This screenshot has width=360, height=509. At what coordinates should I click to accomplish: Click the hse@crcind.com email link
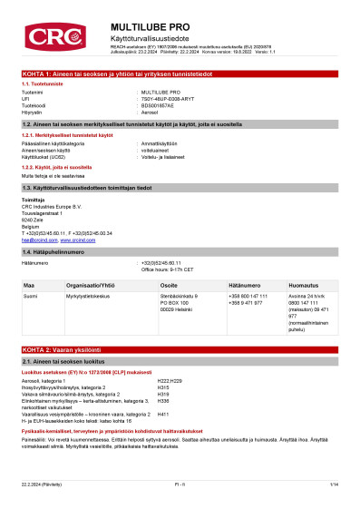pyautogui.click(x=36, y=240)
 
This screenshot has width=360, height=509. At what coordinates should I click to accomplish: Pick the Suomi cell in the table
pyautogui.click(x=30, y=296)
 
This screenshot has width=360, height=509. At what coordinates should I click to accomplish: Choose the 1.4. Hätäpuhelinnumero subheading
pyautogui.click(x=57, y=251)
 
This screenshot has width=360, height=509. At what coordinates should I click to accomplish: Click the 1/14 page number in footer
pyautogui.click(x=334, y=485)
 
